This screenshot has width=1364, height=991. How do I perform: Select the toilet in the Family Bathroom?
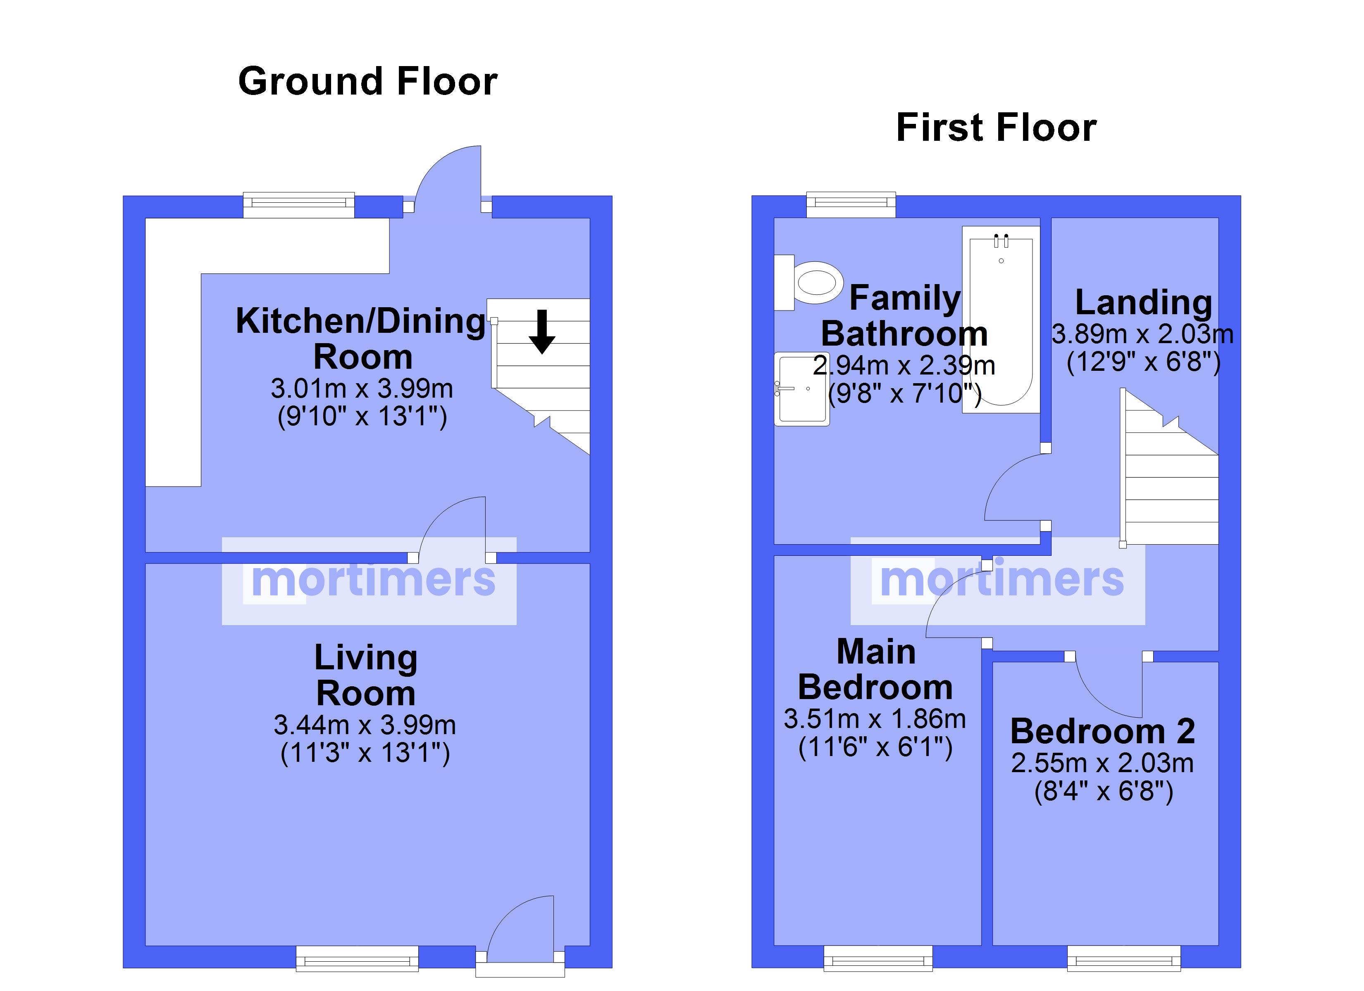[x=811, y=282]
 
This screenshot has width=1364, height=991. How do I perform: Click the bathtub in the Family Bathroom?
[x=1001, y=318]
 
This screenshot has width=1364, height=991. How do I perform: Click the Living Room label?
[x=366, y=676]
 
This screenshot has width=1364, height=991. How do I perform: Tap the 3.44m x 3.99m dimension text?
[x=365, y=725]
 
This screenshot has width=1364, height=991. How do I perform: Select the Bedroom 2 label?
[x=1102, y=731]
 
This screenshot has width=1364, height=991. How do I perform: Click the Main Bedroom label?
[x=876, y=669]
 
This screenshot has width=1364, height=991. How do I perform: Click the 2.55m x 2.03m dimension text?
[x=1102, y=763]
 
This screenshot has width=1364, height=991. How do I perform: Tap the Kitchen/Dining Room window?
[x=298, y=205]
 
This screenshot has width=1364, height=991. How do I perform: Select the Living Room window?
[x=357, y=958]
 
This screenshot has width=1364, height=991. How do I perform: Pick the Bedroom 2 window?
[x=1123, y=958]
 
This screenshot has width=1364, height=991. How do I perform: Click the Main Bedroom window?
[x=878, y=958]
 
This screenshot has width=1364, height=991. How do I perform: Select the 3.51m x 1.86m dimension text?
[x=875, y=719]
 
